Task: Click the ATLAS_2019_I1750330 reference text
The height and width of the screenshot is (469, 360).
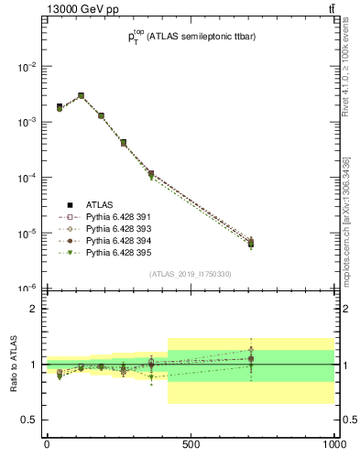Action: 191,274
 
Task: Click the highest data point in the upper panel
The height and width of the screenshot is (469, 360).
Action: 81,95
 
